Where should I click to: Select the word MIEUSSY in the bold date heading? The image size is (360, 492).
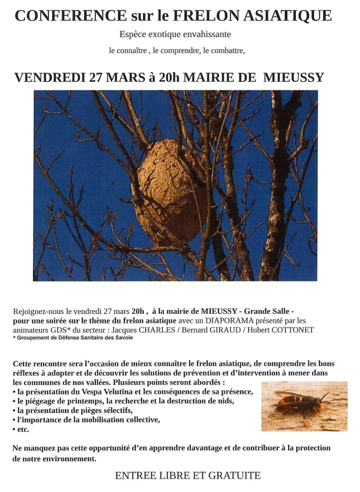[293, 77]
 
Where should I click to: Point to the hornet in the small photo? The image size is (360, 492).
[299, 404]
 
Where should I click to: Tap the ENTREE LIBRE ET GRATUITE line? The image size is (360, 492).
[187, 475]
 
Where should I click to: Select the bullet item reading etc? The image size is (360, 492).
[23, 429]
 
